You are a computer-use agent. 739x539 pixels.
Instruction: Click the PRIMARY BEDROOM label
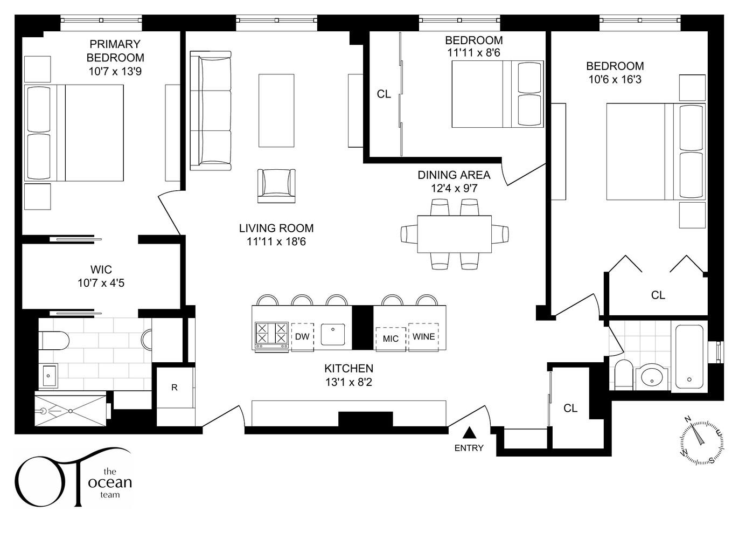click(x=115, y=51)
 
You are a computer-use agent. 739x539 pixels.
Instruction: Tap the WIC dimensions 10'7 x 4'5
click(x=101, y=283)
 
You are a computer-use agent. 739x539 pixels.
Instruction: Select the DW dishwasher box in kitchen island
click(x=302, y=337)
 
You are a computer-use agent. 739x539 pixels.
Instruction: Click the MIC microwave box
click(x=391, y=338)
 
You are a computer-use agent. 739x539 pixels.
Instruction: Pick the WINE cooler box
click(x=423, y=337)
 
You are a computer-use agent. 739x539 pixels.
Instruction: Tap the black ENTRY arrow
click(x=469, y=432)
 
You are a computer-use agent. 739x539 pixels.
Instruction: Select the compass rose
click(x=701, y=439)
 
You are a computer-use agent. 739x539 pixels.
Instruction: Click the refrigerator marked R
click(x=175, y=388)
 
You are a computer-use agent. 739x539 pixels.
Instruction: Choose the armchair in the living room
click(x=276, y=185)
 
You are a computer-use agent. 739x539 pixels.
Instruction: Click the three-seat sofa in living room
click(x=211, y=110)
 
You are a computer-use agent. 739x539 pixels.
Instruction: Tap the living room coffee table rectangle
click(x=276, y=110)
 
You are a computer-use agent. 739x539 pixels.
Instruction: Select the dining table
click(x=454, y=234)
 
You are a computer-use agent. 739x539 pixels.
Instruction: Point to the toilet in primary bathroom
click(x=54, y=341)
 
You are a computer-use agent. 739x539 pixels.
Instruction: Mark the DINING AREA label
click(x=454, y=175)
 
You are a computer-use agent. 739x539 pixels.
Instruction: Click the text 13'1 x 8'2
click(x=348, y=382)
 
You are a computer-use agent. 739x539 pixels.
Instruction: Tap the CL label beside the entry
click(x=570, y=409)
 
